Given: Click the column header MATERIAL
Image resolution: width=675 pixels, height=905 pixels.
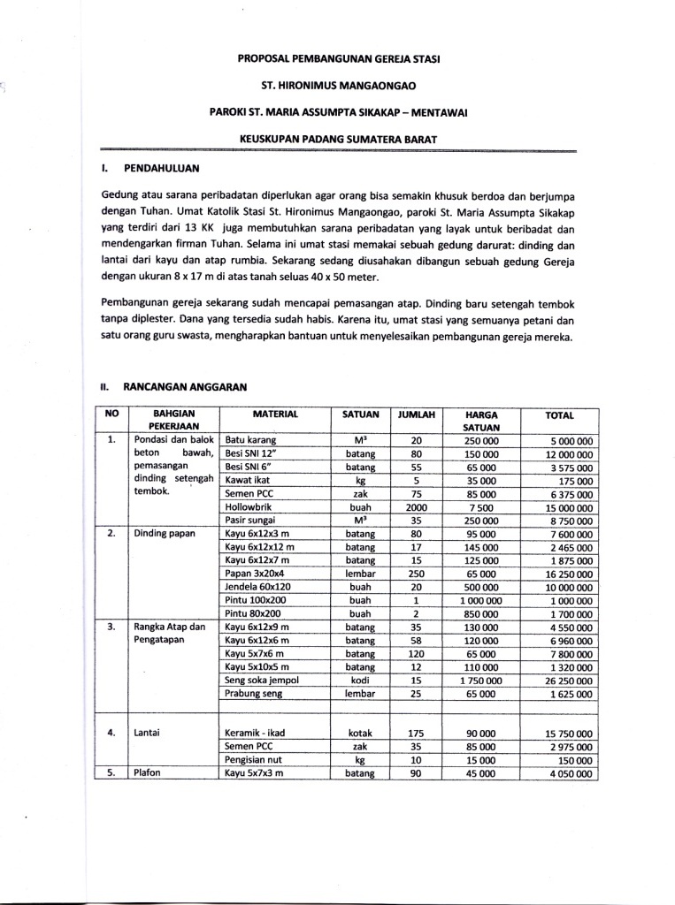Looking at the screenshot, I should pyautogui.click(x=275, y=414).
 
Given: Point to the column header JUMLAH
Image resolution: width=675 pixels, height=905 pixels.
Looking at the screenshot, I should pyautogui.click(x=415, y=414).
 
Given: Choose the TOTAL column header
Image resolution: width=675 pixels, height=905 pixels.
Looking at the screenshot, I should pyautogui.click(x=559, y=414).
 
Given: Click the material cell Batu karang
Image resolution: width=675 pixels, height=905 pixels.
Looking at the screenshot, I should pyautogui.click(x=252, y=440).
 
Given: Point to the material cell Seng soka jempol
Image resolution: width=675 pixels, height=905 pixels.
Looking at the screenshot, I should pyautogui.click(x=265, y=681).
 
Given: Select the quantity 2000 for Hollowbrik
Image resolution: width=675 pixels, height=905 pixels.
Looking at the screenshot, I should pyautogui.click(x=416, y=508).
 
